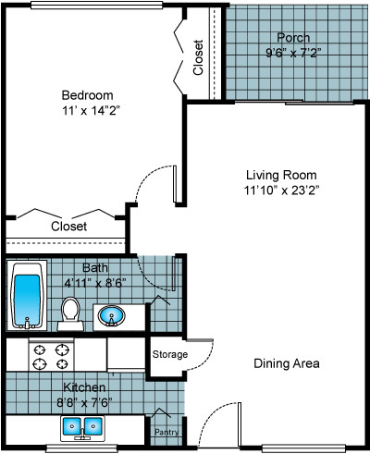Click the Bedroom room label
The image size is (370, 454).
[x=88, y=95]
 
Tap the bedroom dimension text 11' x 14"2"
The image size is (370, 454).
[x=91, y=111]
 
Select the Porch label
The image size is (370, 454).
[x=293, y=38]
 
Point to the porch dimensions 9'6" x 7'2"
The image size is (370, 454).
[x=291, y=53]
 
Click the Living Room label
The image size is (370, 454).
[x=281, y=175]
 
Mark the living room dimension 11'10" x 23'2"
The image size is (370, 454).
[x=281, y=190]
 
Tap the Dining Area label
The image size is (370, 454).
[x=287, y=363]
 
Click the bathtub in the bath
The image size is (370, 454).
[x=27, y=296]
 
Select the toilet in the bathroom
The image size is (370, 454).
[x=70, y=313]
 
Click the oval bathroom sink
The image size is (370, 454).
[x=112, y=315]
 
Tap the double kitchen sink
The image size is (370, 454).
[x=82, y=428]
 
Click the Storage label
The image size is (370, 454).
[x=170, y=354]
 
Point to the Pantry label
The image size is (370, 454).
[x=166, y=432]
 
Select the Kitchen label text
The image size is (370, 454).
[x=84, y=387]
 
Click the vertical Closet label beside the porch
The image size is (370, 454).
[x=198, y=57]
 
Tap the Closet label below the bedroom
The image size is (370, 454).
[x=68, y=227]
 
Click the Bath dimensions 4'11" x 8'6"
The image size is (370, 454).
[x=95, y=283]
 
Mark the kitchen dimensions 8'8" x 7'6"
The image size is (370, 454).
[x=84, y=402]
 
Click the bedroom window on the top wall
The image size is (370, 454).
[x=96, y=5]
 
